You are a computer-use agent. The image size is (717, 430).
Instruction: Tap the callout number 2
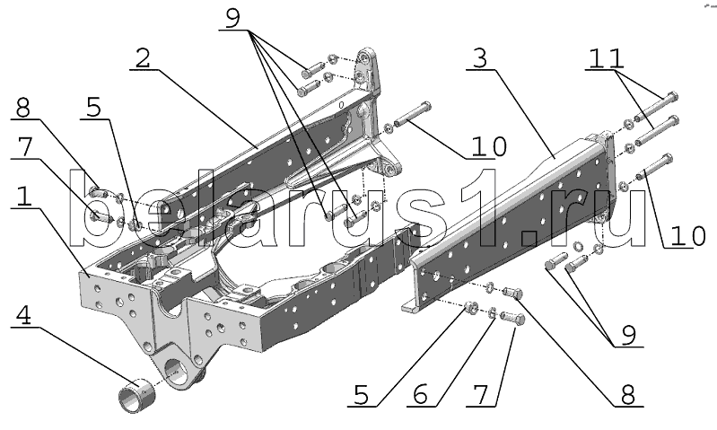143,58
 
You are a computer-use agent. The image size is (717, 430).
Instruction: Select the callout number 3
480,58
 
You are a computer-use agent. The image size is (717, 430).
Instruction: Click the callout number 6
421,395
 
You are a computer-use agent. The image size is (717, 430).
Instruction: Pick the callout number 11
605,58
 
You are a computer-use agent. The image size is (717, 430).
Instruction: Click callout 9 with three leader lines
232,18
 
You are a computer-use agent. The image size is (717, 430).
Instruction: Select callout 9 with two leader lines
629,336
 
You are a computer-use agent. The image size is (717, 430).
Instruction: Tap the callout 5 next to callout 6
362,395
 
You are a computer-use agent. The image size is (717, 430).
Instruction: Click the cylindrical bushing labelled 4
136,394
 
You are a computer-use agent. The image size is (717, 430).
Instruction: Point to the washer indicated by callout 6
492,314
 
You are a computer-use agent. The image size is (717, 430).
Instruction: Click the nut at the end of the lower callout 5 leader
470,307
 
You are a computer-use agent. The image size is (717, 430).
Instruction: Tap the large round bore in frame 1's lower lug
175,368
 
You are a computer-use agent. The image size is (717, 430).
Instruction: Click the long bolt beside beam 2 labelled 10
413,114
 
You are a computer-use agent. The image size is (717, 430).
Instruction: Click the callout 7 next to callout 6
481,395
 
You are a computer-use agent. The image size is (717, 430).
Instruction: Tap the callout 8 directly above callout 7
22,109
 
